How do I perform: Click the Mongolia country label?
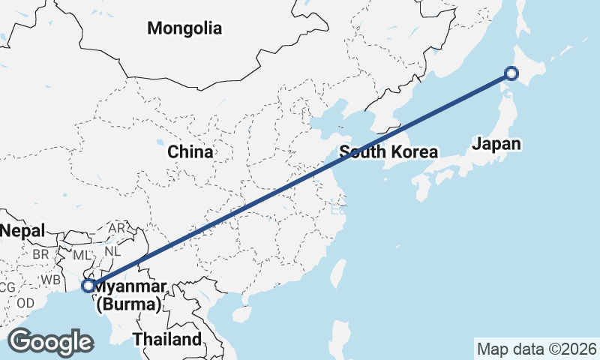(184, 29)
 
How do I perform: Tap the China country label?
(190, 152)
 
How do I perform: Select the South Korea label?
(388, 152)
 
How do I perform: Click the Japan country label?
(496, 144)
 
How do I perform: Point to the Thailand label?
(167, 339)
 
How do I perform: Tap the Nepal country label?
(22, 230)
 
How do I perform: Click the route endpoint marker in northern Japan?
(511, 73)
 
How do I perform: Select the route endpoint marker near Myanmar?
(88, 286)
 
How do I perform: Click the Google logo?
(50, 341)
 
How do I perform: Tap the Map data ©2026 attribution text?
(537, 349)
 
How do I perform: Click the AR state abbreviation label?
(117, 228)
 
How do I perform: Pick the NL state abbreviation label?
(112, 252)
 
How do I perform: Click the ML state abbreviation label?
(82, 256)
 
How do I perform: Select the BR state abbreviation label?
(40, 254)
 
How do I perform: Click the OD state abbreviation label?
(25, 303)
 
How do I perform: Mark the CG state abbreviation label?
(7, 287)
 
